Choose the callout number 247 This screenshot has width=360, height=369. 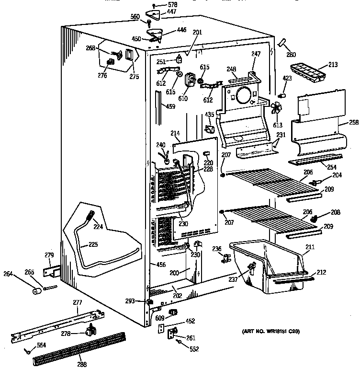(x=256, y=54)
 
